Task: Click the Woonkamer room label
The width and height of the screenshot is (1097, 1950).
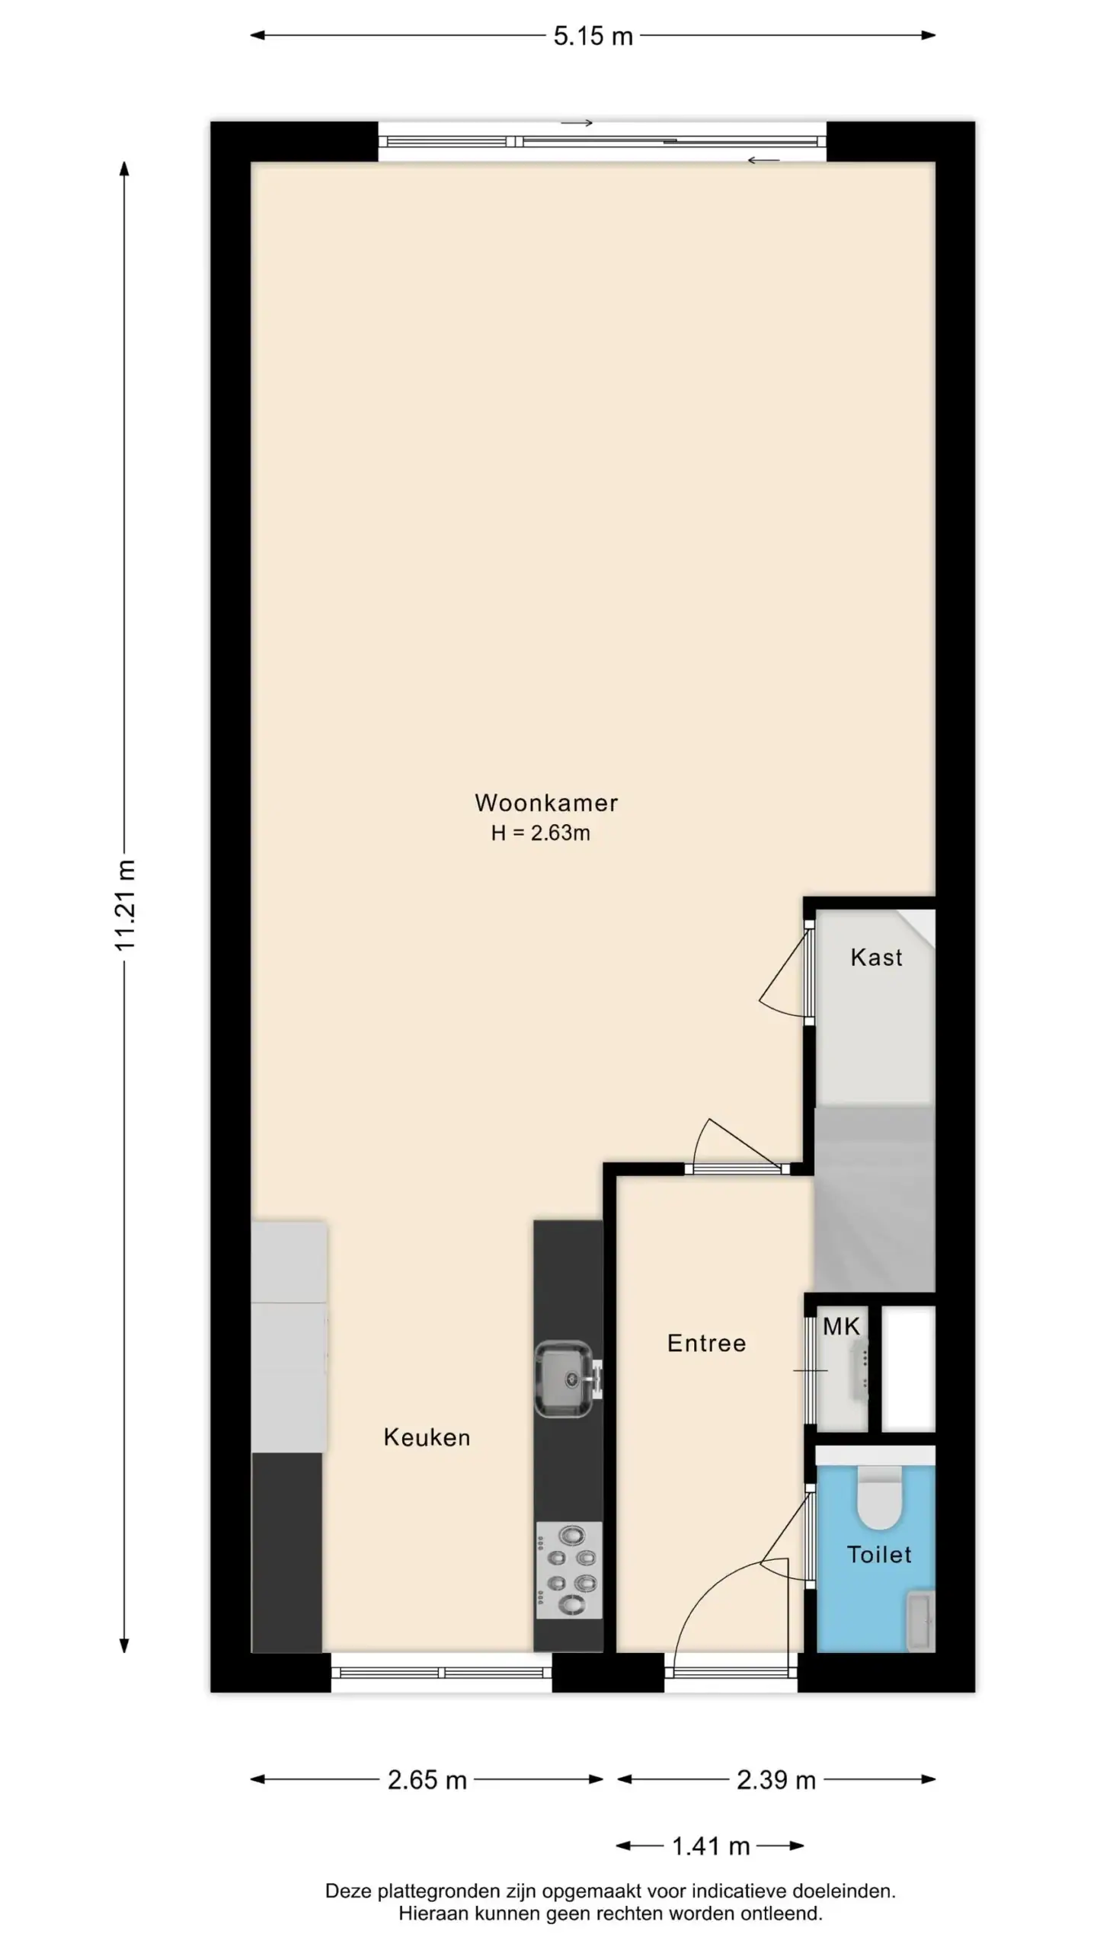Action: [545, 802]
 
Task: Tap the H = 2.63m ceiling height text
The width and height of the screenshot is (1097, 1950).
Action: [540, 833]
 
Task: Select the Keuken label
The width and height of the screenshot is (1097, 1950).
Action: [427, 1437]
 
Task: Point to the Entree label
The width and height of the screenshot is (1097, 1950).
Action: [706, 1342]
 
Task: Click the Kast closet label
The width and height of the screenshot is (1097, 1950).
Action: [876, 957]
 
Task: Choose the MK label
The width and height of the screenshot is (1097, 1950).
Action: [841, 1326]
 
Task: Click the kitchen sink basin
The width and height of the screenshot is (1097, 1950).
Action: [564, 1379]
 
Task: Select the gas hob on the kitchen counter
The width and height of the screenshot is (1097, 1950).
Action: [569, 1570]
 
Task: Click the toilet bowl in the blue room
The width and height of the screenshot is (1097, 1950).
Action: [879, 1498]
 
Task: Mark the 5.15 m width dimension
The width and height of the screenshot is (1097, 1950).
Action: [593, 36]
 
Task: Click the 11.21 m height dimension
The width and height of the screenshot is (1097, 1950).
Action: [124, 905]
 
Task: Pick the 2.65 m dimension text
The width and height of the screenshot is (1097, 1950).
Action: [427, 1780]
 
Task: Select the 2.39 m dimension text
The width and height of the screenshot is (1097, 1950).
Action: [776, 1780]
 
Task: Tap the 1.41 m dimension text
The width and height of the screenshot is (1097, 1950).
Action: [711, 1846]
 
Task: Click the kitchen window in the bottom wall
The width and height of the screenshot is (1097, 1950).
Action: [442, 1673]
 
